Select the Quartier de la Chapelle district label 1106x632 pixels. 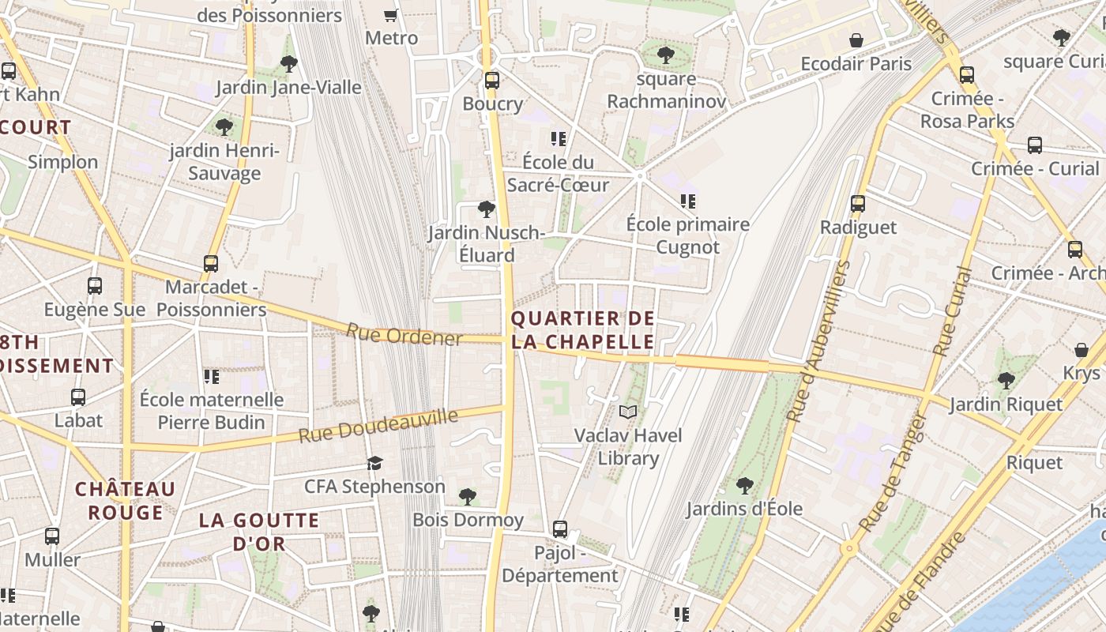click(x=582, y=330)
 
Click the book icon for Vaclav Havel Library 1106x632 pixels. click(x=628, y=412)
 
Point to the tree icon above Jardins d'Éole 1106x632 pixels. click(x=744, y=485)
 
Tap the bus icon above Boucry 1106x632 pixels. click(x=492, y=80)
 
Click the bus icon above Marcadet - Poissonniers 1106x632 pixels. click(x=211, y=263)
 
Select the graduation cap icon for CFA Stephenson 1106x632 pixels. click(x=374, y=463)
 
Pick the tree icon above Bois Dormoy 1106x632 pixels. click(x=468, y=496)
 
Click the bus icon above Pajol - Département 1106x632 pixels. click(x=560, y=529)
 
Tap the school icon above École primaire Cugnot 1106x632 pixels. click(x=688, y=201)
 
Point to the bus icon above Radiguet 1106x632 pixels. click(x=858, y=204)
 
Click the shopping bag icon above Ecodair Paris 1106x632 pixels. click(x=856, y=40)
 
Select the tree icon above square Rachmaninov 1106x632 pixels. click(x=666, y=55)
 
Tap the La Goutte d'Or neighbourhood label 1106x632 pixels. click(x=259, y=532)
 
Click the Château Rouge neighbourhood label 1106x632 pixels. click(x=125, y=501)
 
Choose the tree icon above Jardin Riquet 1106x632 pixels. click(x=1006, y=381)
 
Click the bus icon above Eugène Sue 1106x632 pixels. click(x=95, y=286)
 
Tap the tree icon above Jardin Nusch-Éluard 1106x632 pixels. click(x=487, y=209)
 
